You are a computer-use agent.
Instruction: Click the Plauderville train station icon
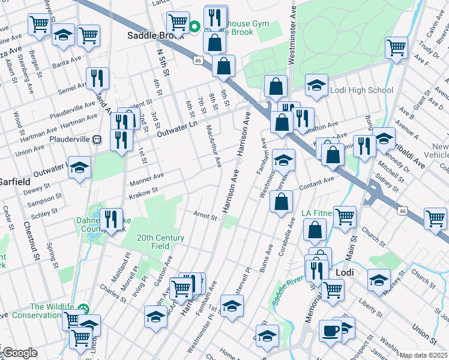(x=97, y=139)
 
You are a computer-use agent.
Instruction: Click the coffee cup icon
(x=330, y=331)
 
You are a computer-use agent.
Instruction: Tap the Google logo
(x=19, y=353)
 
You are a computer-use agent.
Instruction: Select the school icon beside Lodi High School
(x=316, y=85)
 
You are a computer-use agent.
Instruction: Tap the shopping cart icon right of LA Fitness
(x=345, y=217)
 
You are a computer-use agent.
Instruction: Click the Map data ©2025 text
(x=424, y=355)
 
